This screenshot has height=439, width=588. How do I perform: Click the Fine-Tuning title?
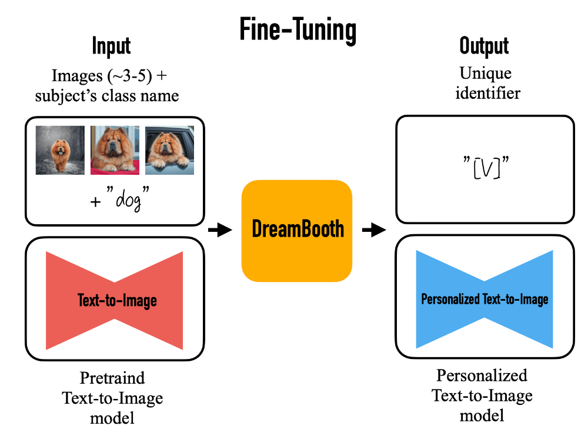298,29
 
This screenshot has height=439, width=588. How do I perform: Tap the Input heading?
111,46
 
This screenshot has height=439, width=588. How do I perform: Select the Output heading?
484,46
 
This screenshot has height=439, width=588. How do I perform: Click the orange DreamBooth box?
297,230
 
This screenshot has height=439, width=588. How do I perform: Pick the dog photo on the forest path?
59,151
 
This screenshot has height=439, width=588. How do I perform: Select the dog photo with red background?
115,151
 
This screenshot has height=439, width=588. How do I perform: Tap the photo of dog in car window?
169,151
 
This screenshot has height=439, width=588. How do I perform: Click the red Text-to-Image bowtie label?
117,301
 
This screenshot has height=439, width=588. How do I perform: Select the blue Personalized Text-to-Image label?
485,299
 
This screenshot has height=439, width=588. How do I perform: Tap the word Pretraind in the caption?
112,377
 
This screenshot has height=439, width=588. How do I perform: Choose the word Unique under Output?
485,74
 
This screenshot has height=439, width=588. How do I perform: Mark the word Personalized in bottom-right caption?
482,375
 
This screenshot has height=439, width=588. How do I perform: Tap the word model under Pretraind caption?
112,418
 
